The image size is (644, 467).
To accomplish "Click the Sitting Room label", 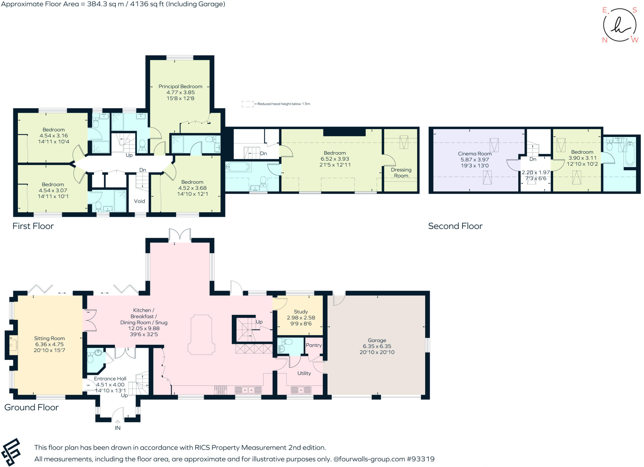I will click(49, 339).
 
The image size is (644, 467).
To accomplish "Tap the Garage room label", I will click(377, 340).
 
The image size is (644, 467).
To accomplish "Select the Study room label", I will click(301, 312).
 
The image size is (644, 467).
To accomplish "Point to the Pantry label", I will click(314, 345).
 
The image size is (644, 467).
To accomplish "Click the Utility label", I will click(304, 373).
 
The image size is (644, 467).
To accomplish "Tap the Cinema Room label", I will click(475, 154).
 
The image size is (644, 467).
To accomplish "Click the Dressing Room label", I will click(401, 173).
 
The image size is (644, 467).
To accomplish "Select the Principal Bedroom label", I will click(180, 87).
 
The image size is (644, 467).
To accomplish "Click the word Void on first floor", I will click(139, 201).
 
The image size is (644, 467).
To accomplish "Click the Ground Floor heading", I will click(31, 407).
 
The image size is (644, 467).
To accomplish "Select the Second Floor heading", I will click(455, 226).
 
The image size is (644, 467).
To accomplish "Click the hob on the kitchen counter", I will click(220, 390).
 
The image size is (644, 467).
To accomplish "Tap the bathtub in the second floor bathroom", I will click(630, 154).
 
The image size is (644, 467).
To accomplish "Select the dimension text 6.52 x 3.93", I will click(335, 159).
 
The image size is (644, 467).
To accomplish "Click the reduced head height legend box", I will click(247, 104).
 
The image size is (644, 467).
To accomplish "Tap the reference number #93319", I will click(420, 459).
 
